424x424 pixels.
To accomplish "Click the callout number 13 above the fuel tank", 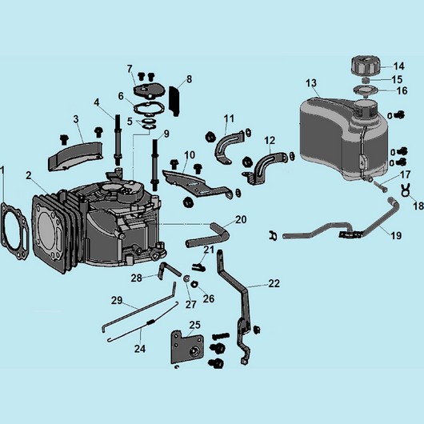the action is tap(311, 83).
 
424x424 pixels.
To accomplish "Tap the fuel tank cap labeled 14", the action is tap(366, 66).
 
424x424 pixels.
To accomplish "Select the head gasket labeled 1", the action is tap(14, 231).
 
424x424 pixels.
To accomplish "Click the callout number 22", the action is tap(274, 283).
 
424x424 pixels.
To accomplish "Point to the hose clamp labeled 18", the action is tap(406, 190).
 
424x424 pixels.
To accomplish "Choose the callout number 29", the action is tap(117, 301).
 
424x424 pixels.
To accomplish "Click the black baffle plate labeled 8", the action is tap(174, 101).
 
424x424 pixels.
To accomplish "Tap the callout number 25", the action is tap(194, 325).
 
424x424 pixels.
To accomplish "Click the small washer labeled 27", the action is tap(186, 278).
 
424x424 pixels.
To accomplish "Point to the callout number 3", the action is tap(76, 119).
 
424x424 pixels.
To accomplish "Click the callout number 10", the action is tap(190, 155).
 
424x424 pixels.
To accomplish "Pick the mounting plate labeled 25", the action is tap(187, 347).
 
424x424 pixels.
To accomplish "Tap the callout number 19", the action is tap(396, 235).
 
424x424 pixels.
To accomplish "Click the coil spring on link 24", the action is tap(150, 322).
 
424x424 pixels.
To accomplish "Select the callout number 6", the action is tap(121, 96).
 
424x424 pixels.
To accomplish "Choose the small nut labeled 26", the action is tap(194, 284).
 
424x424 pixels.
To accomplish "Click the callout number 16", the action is tap(402, 90).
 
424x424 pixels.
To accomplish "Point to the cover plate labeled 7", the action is tap(149, 90).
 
